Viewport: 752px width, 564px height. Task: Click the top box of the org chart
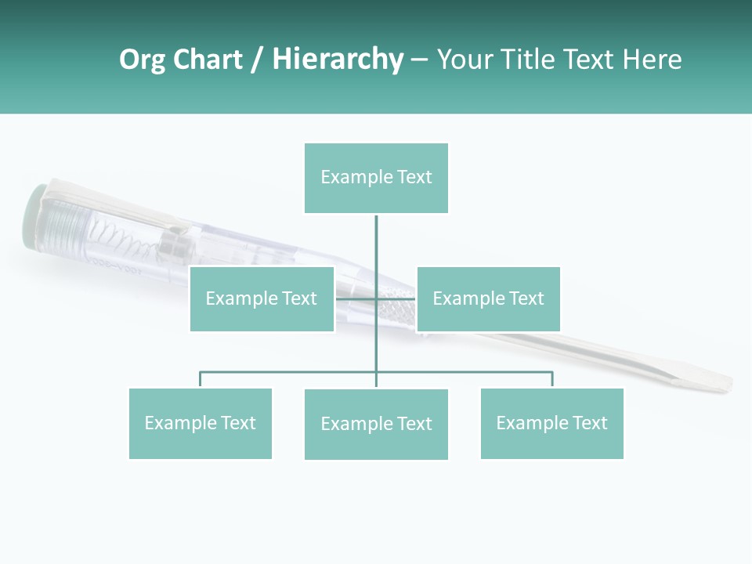point(376,178)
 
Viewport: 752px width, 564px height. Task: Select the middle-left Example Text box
point(262,298)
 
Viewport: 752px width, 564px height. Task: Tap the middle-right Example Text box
point(488,298)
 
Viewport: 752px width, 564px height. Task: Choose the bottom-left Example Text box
point(201,423)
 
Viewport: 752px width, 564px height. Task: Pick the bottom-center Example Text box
point(376,424)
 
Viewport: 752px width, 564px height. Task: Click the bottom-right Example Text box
point(551,423)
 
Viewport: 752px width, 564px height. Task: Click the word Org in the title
point(142,60)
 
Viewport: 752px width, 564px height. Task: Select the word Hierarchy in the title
point(338,60)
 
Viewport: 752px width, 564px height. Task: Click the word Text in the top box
point(415,177)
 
